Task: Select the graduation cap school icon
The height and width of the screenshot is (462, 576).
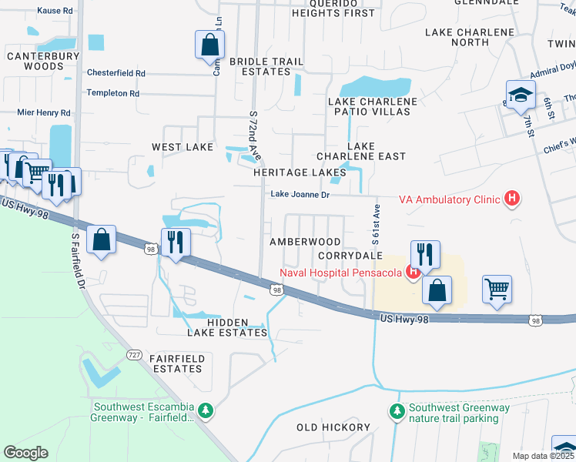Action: tap(520, 95)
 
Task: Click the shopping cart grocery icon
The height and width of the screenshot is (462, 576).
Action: tap(497, 290)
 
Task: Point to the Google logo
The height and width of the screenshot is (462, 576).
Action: tap(25, 453)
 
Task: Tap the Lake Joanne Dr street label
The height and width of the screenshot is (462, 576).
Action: tap(299, 195)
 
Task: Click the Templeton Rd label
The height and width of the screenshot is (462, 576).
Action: tap(113, 93)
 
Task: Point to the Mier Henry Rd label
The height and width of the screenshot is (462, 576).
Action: tap(45, 112)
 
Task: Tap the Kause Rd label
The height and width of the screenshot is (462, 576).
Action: tap(54, 12)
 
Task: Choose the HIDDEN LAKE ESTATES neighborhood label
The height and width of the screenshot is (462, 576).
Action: tap(227, 327)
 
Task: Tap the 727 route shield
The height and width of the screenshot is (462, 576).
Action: tap(135, 355)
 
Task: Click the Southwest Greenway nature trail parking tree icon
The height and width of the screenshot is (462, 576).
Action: tap(397, 413)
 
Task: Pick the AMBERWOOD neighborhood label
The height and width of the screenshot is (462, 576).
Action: tap(304, 242)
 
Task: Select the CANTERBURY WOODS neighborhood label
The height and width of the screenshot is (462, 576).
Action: tap(42, 62)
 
